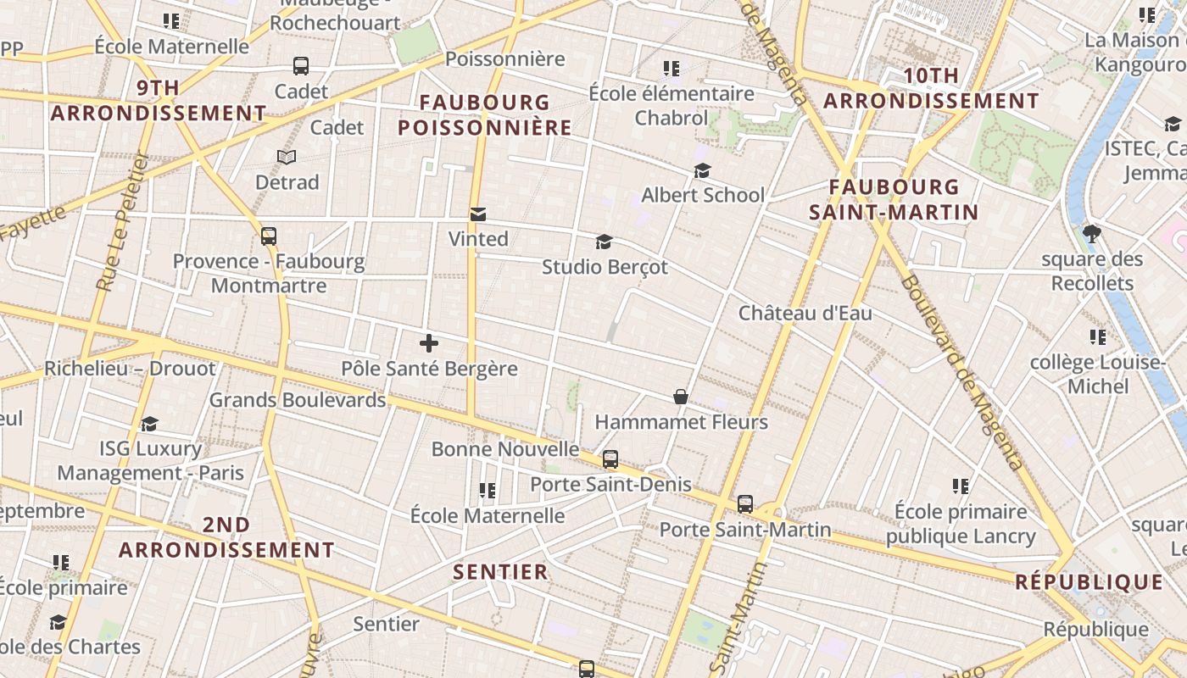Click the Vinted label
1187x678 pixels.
(478, 239)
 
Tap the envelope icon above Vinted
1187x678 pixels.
(478, 214)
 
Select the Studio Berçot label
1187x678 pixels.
(605, 267)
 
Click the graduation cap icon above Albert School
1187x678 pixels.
(702, 171)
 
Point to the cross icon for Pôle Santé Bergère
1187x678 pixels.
(429, 343)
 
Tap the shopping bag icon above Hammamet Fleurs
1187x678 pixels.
(680, 396)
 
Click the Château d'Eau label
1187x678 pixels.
(805, 313)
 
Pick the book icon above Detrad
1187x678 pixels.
(287, 157)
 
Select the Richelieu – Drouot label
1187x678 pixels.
(130, 369)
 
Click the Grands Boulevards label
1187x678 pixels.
(298, 399)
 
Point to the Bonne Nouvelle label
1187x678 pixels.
(505, 448)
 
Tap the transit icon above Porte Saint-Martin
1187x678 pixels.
(745, 504)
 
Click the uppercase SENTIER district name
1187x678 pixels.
(500, 572)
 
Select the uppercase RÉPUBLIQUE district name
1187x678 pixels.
(1089, 582)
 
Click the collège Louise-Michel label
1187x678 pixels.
(1098, 375)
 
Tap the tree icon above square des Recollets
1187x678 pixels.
(1092, 234)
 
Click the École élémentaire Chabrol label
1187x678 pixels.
(672, 105)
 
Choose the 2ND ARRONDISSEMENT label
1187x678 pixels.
(226, 537)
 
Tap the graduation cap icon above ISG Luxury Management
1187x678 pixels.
(150, 424)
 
